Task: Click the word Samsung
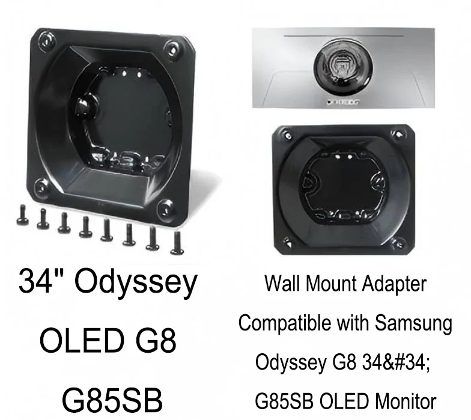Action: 414,324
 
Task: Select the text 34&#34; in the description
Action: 395,362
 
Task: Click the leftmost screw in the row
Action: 22,214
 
